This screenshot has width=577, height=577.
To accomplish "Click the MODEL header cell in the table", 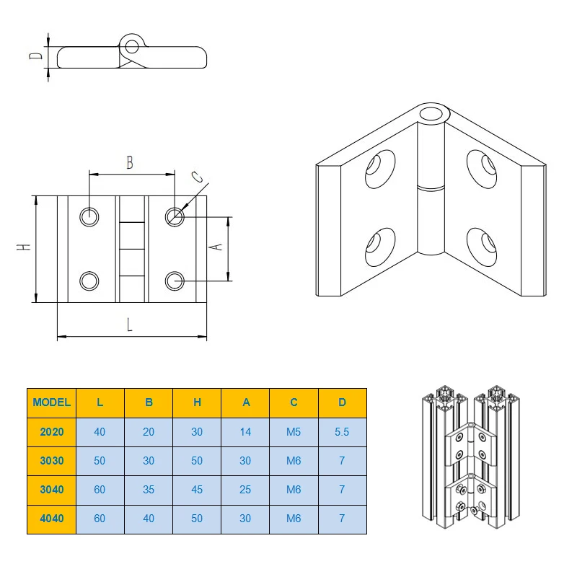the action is (51, 402).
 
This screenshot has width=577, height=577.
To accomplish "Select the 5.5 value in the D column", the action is (342, 431).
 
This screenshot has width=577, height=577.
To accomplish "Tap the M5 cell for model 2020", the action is (294, 431).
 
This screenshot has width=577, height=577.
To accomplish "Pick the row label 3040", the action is (52, 490).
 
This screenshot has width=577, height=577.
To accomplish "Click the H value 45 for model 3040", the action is (197, 490).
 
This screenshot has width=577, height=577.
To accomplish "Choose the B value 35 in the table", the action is (149, 490).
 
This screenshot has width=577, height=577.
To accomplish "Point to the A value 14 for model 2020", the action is (245, 431).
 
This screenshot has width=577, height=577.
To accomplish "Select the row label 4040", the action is (52, 519).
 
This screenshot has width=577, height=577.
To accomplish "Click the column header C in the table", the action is (294, 402).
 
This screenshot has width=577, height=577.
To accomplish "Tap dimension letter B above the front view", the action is (130, 162).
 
